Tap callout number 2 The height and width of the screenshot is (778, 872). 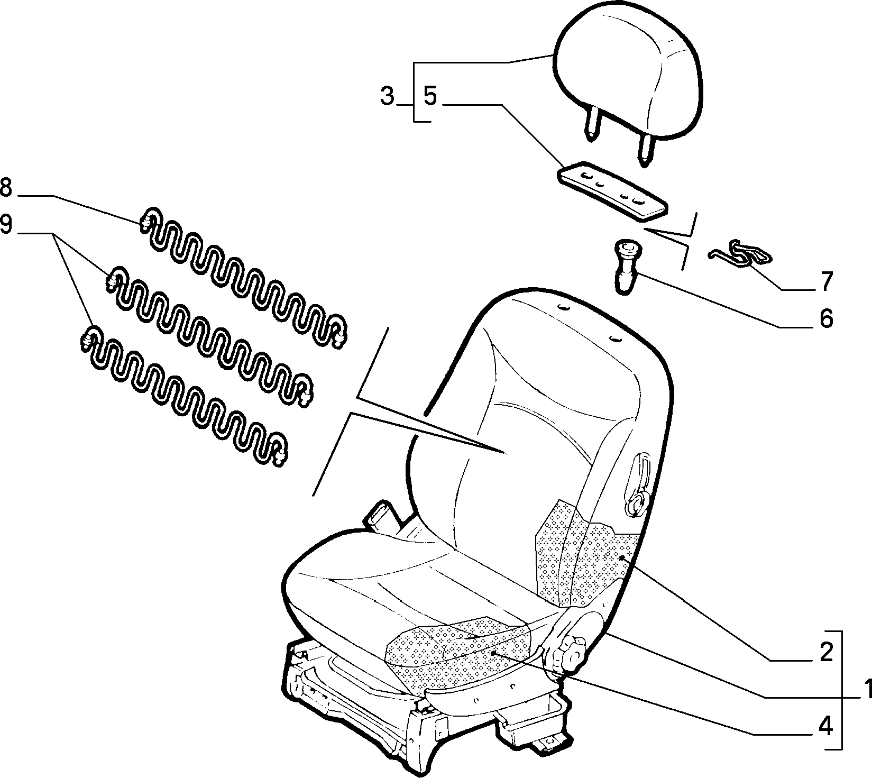point(826,653)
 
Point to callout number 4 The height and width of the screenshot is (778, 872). point(825,727)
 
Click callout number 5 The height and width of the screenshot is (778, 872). point(430,97)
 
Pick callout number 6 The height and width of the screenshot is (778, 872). point(825,318)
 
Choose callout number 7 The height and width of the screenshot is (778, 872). point(826,281)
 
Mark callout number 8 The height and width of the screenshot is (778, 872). point(5,187)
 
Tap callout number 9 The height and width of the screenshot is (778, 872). point(5,225)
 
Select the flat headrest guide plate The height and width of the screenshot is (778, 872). point(612,190)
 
